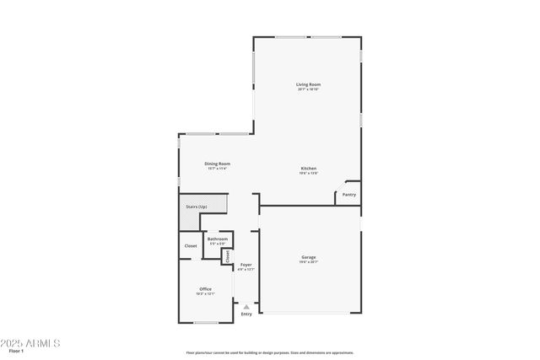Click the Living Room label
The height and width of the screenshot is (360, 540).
(x=308, y=84)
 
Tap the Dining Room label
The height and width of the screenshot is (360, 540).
(x=218, y=164)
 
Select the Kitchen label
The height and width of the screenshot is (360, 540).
(x=309, y=168)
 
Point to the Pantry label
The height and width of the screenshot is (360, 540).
(x=348, y=195)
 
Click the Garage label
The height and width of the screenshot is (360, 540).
(x=309, y=257)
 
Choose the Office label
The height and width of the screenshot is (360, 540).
(x=205, y=289)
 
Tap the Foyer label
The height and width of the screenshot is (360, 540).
(x=246, y=265)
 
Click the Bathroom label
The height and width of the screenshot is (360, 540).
(x=217, y=239)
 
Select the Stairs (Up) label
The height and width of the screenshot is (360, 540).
(x=197, y=207)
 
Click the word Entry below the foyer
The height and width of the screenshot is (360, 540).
(x=246, y=314)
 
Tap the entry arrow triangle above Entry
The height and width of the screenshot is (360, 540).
(x=246, y=307)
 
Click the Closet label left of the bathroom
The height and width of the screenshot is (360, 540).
(x=191, y=246)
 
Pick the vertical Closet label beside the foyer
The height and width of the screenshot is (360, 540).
(x=227, y=256)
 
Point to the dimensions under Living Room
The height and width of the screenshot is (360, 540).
(x=308, y=89)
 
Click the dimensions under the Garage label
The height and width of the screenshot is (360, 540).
(x=309, y=262)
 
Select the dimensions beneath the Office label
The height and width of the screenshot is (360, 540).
(x=205, y=294)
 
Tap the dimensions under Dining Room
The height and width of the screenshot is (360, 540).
(x=218, y=169)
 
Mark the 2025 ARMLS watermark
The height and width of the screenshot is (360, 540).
(x=30, y=343)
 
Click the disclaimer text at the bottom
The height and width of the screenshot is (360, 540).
(x=269, y=353)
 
